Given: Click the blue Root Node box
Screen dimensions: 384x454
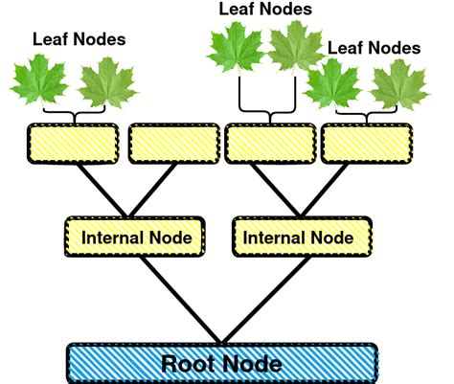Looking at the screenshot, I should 221,363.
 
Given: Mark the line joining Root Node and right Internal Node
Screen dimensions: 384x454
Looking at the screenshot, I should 259,296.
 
